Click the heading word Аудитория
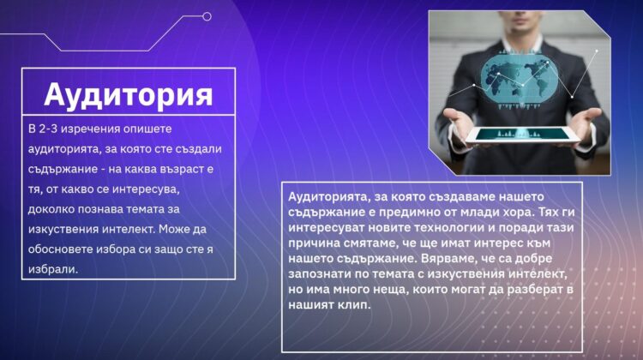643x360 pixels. pyautogui.click(x=129, y=95)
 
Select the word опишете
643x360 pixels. pyautogui.click(x=147, y=129)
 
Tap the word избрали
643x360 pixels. pyautogui.click(x=53, y=269)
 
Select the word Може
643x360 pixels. pyautogui.click(x=174, y=229)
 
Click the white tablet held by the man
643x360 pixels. pyautogui.click(x=522, y=135)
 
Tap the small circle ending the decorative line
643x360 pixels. pyautogui.click(x=207, y=16)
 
